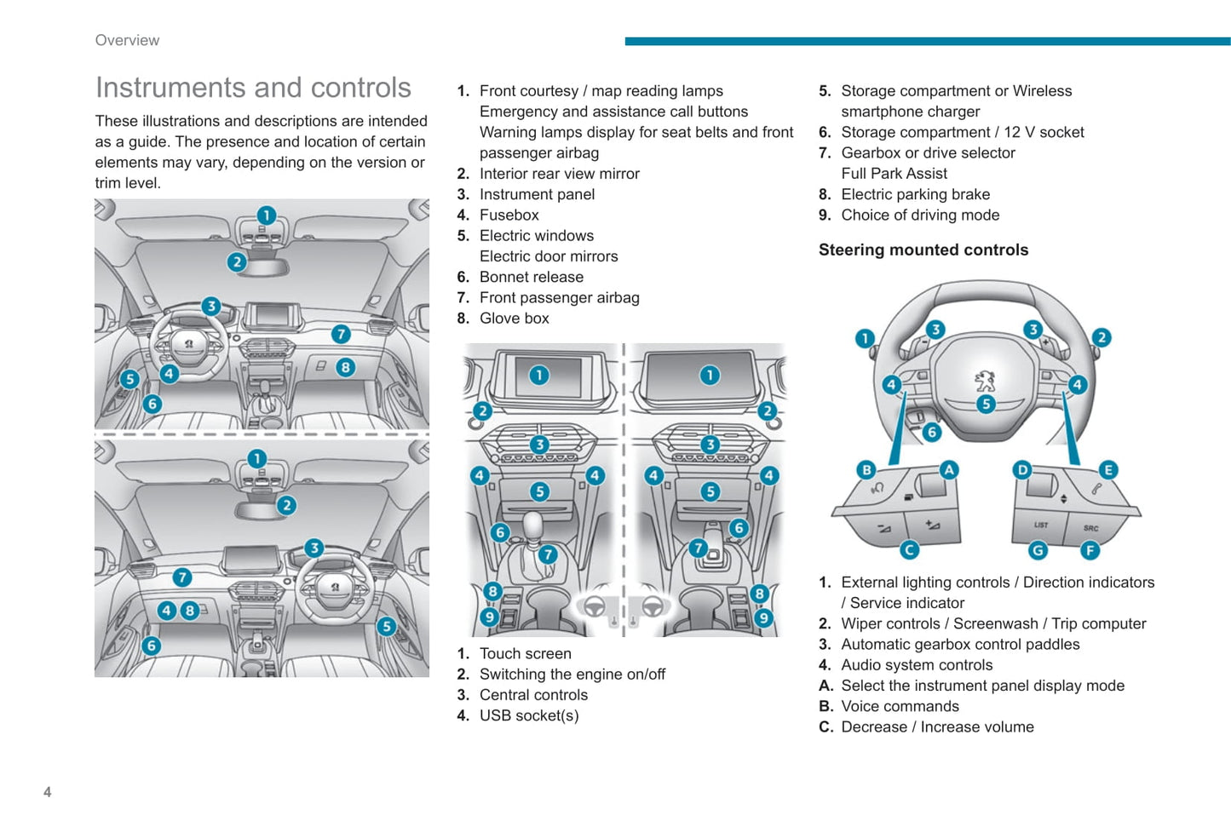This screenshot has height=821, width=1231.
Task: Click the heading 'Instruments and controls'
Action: (x=253, y=88)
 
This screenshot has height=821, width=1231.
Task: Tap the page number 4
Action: (x=48, y=792)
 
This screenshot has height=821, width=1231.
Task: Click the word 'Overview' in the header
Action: (x=127, y=40)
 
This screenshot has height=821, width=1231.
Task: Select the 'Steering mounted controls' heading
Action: (x=923, y=250)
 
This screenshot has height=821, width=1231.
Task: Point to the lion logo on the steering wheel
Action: (x=985, y=380)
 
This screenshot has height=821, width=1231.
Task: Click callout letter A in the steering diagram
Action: (x=948, y=469)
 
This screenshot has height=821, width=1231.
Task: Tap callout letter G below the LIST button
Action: (x=1037, y=550)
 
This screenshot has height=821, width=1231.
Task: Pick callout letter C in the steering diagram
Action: (x=909, y=549)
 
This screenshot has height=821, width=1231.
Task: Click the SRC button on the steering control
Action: (x=1090, y=528)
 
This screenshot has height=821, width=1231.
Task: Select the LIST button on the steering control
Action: (x=1040, y=525)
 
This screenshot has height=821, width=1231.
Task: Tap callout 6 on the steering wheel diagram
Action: (x=931, y=432)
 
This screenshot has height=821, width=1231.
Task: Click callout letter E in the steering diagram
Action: (x=1107, y=469)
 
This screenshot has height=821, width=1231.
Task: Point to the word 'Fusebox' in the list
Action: (x=509, y=215)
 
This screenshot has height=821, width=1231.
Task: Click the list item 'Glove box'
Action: (x=514, y=319)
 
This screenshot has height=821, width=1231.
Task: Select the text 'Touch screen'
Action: (x=525, y=653)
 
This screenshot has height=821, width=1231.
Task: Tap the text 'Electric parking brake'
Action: (x=915, y=194)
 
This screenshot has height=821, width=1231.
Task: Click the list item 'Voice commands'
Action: (x=900, y=706)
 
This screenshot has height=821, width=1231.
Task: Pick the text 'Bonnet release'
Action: (x=531, y=277)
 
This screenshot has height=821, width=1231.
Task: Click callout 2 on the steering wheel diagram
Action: (x=1101, y=337)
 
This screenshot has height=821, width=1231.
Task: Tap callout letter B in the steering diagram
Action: (x=866, y=469)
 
